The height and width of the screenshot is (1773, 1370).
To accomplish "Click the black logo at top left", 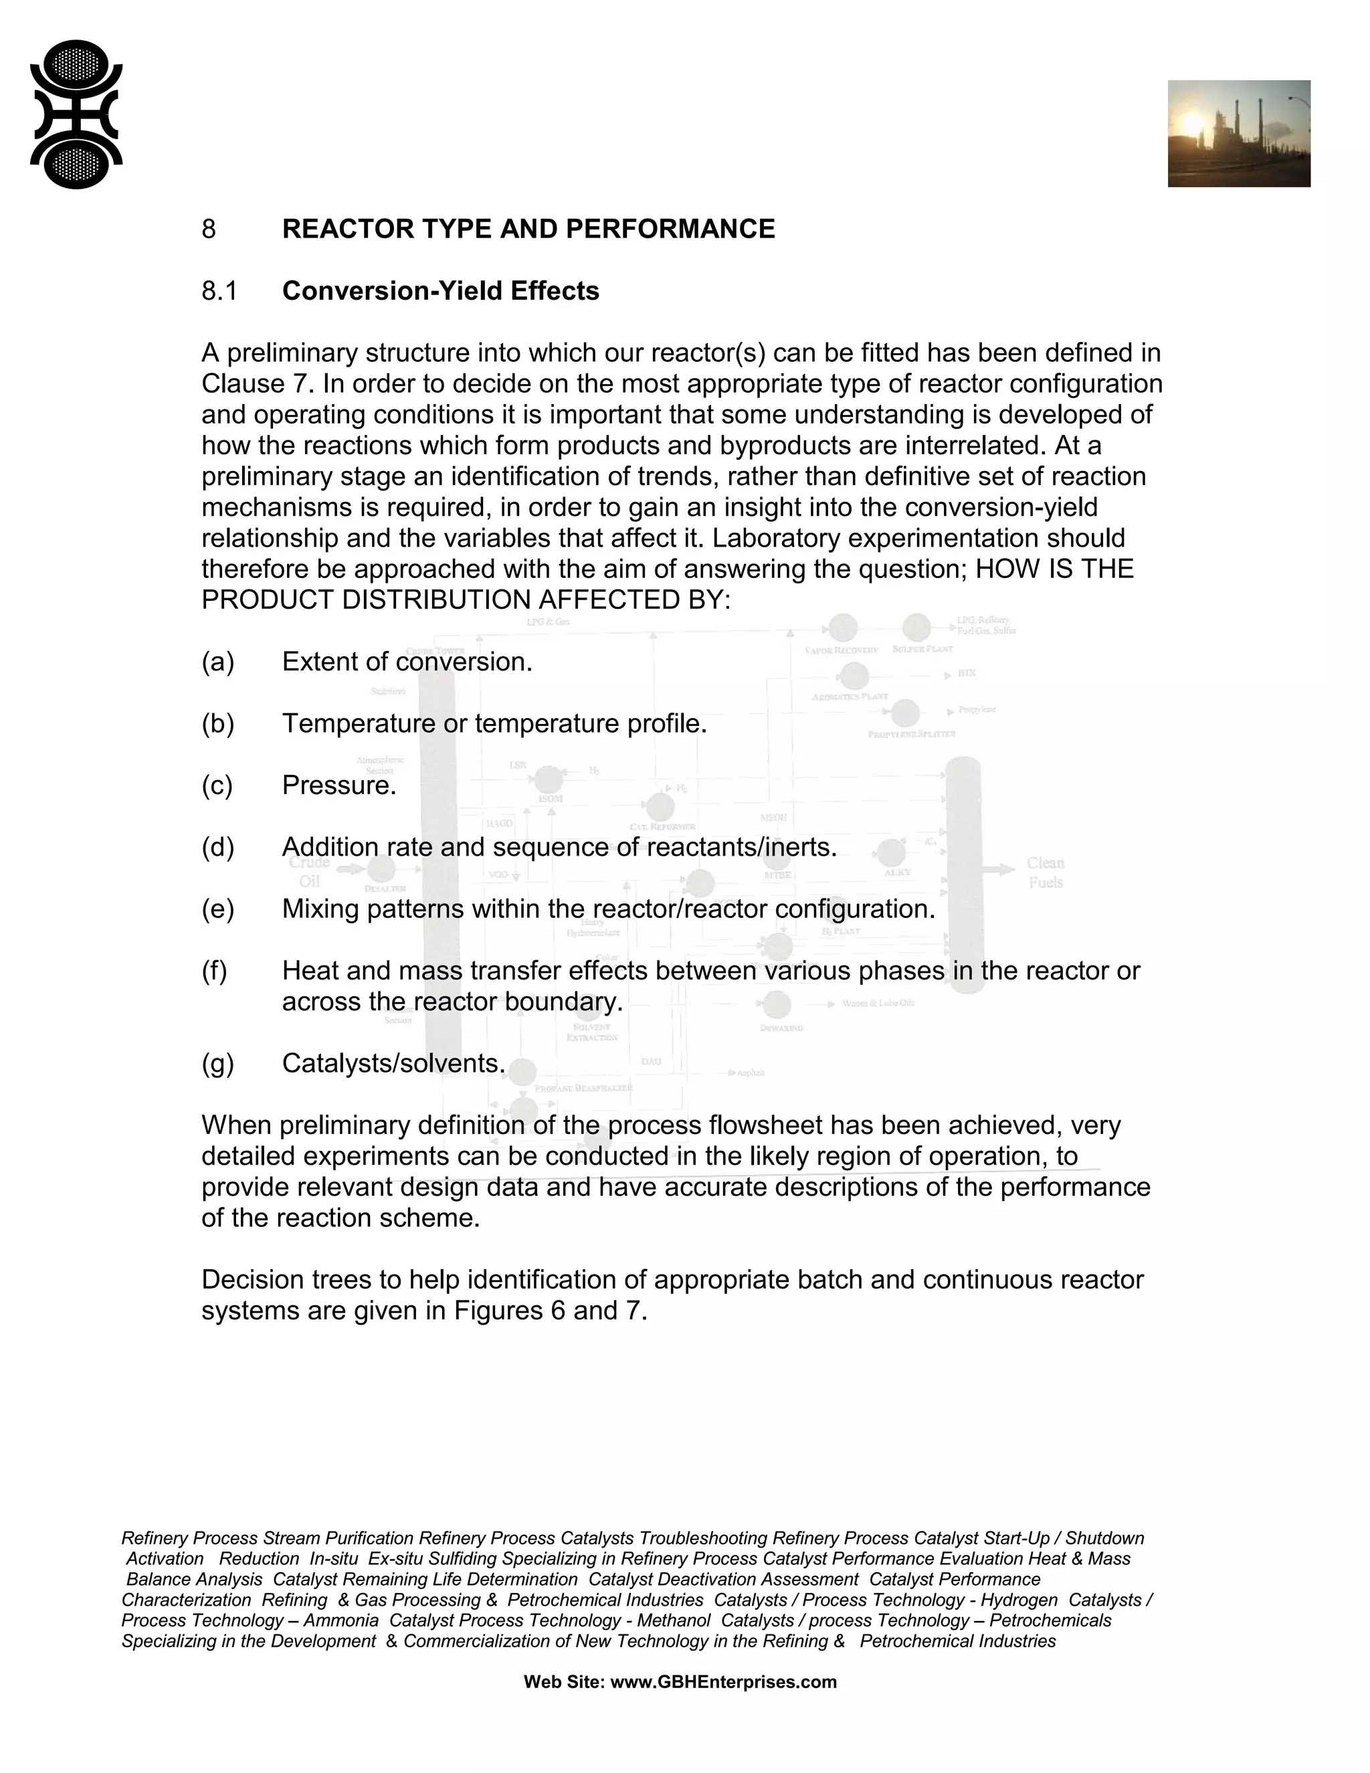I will [x=76, y=114].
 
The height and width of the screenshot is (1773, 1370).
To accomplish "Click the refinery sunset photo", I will [x=1238, y=133].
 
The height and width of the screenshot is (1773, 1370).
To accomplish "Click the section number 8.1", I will [x=219, y=290].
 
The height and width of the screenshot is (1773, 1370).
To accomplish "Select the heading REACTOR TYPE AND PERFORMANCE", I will [x=528, y=229].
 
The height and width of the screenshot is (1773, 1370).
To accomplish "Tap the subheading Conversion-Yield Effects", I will [x=440, y=290].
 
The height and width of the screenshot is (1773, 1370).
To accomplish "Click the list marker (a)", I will [x=217, y=662].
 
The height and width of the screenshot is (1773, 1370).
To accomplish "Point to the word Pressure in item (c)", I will [x=338, y=785].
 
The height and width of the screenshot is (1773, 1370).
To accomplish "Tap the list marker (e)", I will [x=217, y=909].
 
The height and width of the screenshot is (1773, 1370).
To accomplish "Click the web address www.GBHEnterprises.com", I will [x=722, y=1682].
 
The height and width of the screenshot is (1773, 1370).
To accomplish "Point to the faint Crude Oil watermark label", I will [x=309, y=872].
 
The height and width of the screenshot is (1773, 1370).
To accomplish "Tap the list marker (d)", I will [x=217, y=847].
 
